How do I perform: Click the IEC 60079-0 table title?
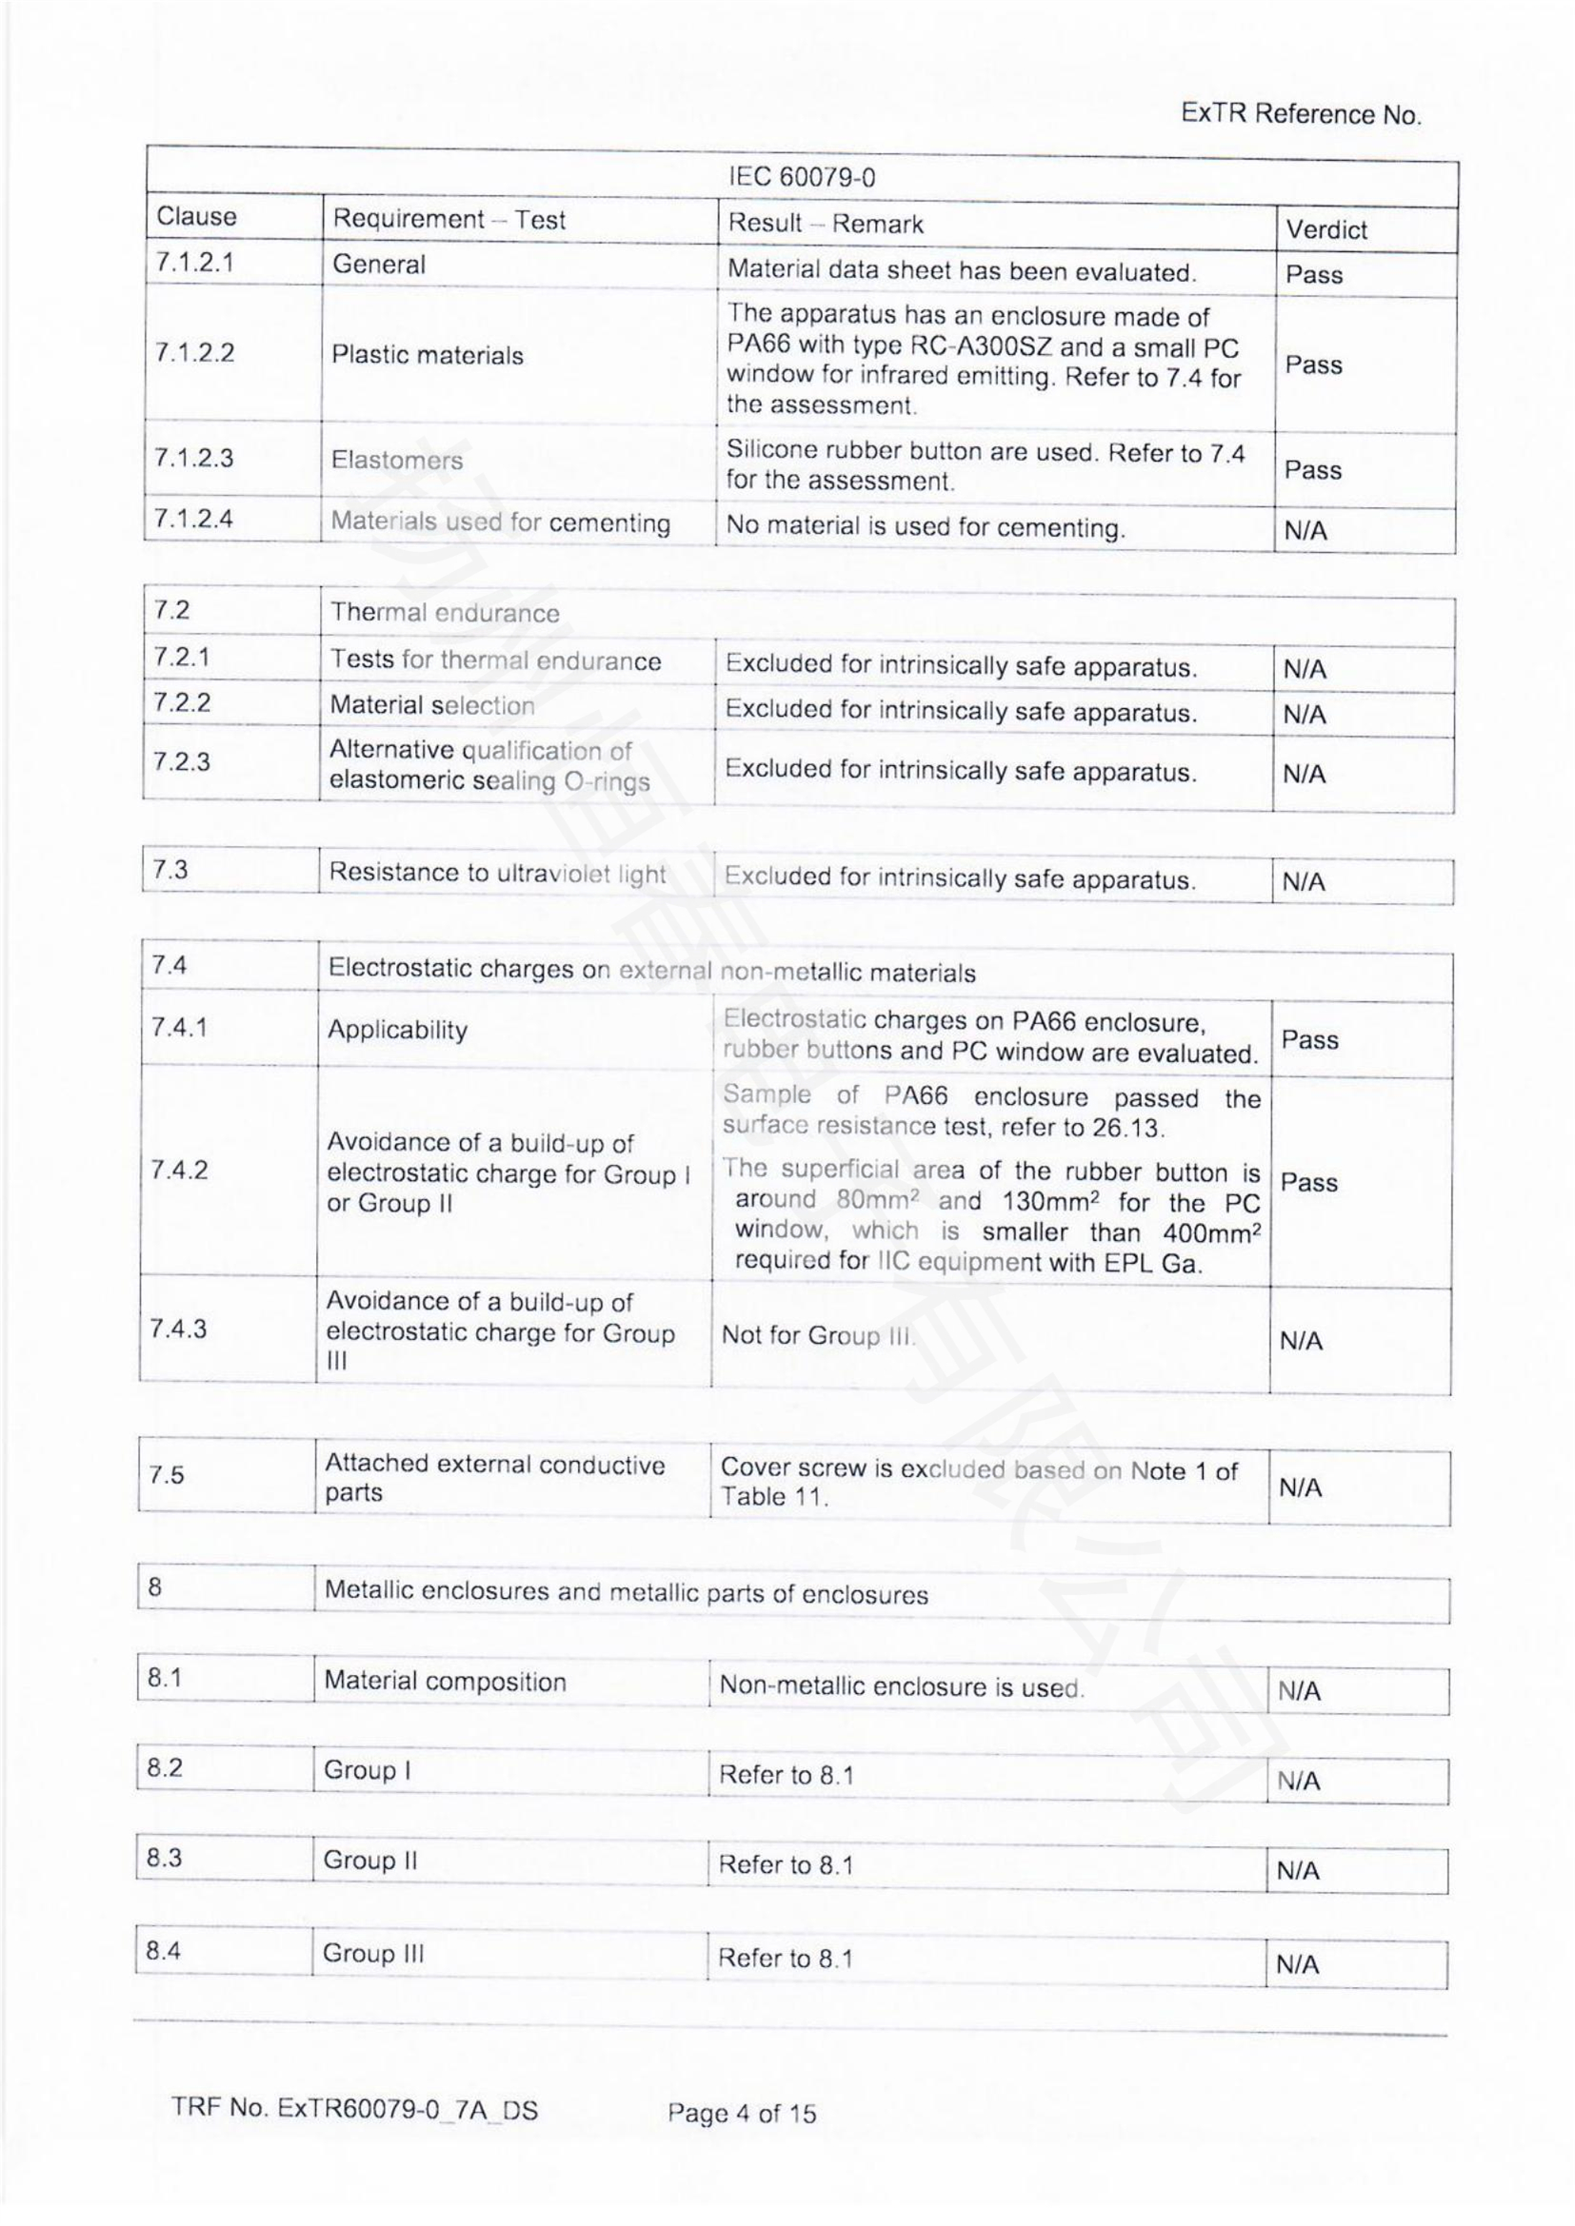click(801, 177)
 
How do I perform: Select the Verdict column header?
click(1326, 229)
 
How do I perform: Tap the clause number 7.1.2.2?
click(194, 352)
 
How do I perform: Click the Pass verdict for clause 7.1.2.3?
click(1313, 470)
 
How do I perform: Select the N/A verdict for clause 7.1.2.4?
click(1306, 530)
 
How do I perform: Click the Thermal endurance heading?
click(445, 613)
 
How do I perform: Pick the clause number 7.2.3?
click(181, 761)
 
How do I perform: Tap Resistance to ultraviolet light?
click(496, 874)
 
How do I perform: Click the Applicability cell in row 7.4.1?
click(397, 1030)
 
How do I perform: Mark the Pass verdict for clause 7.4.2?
click(1308, 1183)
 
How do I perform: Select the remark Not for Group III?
click(817, 1336)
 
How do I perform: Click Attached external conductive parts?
click(494, 1478)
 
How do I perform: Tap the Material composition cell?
click(444, 1681)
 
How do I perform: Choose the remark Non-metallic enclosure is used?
click(901, 1687)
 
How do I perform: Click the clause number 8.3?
click(164, 1858)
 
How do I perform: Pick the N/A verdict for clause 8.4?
click(1298, 1964)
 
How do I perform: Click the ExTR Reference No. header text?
click(1301, 114)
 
